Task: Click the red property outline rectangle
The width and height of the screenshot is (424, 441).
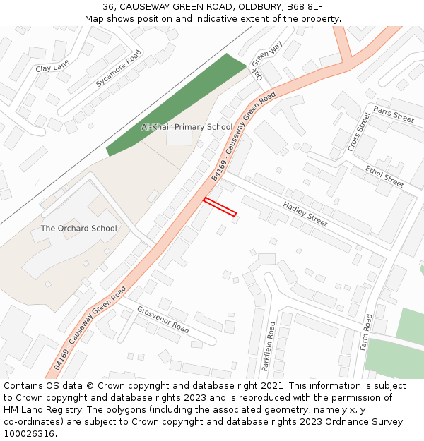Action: coord(220,207)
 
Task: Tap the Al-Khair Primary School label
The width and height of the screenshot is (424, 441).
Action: coord(187,127)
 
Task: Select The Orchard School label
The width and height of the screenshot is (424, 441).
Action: coord(79,229)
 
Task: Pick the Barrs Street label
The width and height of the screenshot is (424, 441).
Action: coord(394,114)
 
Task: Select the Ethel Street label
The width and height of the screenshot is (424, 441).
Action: coord(384,176)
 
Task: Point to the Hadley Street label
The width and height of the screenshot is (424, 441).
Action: coord(305,214)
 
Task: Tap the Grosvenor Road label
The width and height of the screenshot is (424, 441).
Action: coord(163,320)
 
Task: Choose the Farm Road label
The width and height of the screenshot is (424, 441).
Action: coord(365,332)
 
